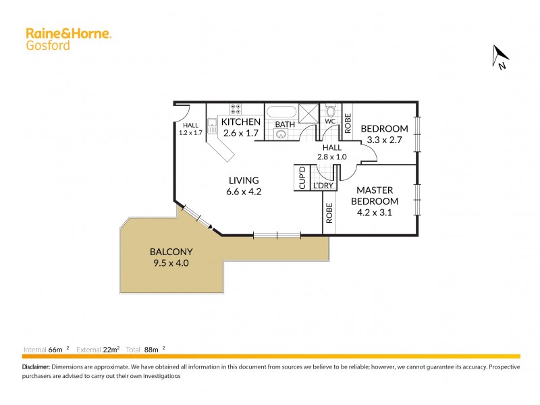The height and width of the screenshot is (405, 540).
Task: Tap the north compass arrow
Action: pyautogui.click(x=500, y=57)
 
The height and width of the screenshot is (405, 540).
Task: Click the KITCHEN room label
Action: pyautogui.click(x=241, y=122)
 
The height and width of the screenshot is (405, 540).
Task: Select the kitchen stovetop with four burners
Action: pyautogui.click(x=236, y=107)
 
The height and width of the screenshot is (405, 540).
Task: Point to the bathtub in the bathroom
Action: pyautogui.click(x=281, y=112)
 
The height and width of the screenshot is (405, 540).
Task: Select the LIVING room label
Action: pyautogui.click(x=244, y=180)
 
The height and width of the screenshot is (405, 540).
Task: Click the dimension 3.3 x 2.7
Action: pyautogui.click(x=384, y=140)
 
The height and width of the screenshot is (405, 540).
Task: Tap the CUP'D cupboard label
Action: pyautogui.click(x=302, y=178)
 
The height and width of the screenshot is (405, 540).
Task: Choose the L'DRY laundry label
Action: pyautogui.click(x=322, y=184)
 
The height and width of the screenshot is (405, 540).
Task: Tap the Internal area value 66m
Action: pyautogui.click(x=55, y=350)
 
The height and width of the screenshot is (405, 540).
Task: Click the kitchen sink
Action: pyautogui.click(x=211, y=122)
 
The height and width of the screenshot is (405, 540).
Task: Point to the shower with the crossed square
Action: pyautogui.click(x=309, y=112)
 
